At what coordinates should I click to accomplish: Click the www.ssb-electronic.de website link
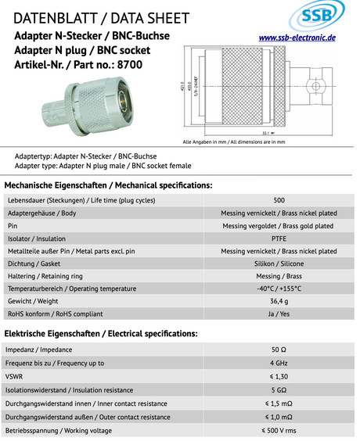click(297, 38)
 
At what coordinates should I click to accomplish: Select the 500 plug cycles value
click(279, 200)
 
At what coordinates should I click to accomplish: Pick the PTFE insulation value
click(279, 238)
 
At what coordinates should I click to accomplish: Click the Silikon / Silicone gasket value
click(279, 264)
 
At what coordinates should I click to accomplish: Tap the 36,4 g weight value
click(279, 301)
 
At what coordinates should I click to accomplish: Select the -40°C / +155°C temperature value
click(279, 289)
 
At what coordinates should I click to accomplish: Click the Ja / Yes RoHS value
click(279, 314)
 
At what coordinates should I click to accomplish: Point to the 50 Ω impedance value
click(279, 350)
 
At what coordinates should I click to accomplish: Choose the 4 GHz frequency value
click(279, 363)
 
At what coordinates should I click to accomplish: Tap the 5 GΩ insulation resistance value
click(279, 389)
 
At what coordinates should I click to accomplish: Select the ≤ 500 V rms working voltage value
click(279, 430)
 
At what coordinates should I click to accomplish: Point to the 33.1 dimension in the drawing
click(265, 133)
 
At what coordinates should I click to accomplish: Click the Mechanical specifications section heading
click(108, 185)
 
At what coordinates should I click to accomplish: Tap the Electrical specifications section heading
click(101, 333)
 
